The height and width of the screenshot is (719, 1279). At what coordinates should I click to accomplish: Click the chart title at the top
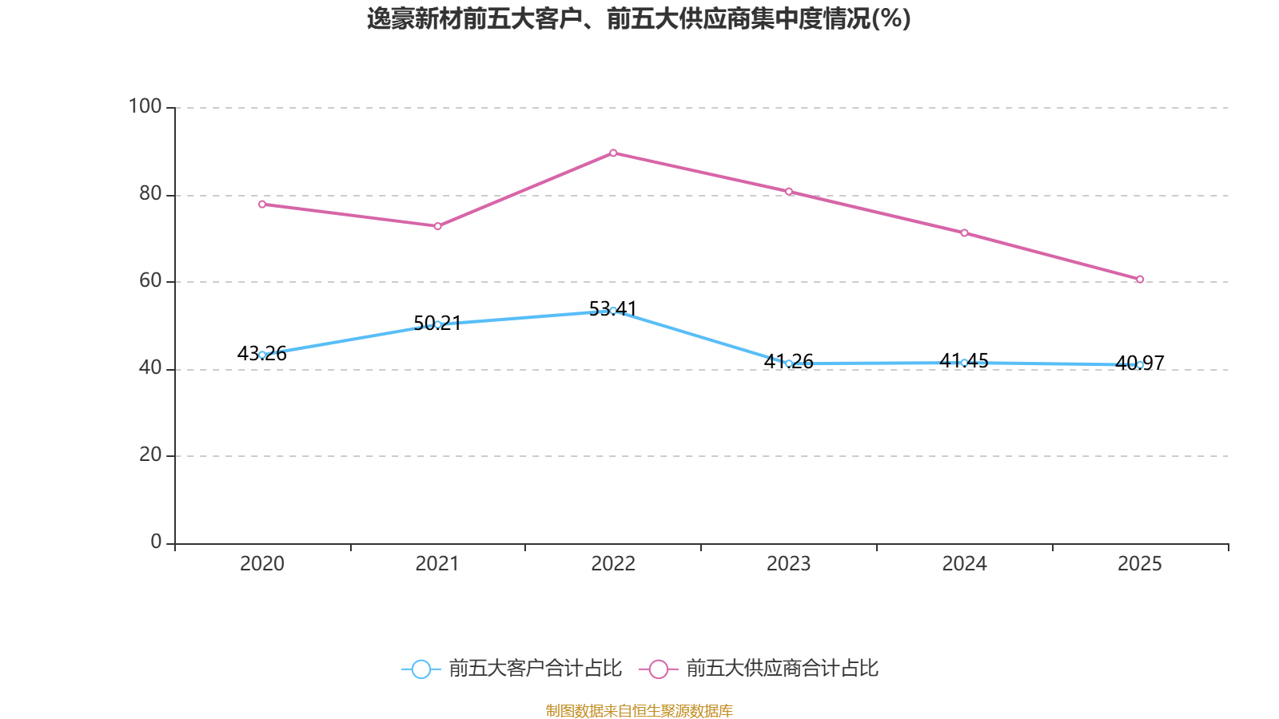tap(639, 19)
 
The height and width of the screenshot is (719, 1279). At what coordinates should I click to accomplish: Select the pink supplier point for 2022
tap(613, 153)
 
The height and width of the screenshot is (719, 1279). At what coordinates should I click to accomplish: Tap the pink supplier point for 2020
tap(262, 205)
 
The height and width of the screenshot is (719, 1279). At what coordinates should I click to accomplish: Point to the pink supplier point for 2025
tap(1140, 280)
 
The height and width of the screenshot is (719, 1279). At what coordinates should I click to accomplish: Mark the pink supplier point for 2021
tap(438, 227)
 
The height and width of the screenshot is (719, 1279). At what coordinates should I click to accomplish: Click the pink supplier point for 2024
tap(964, 232)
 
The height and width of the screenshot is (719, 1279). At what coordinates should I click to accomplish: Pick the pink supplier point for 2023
tap(789, 192)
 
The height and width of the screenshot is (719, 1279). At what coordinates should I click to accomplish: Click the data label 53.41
tap(612, 308)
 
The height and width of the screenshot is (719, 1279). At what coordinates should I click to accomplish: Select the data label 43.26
tap(262, 354)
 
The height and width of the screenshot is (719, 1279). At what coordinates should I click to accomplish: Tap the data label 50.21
tap(437, 324)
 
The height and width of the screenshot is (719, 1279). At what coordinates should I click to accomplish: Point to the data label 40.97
tap(1140, 363)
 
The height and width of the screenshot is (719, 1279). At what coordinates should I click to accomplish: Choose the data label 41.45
tap(964, 360)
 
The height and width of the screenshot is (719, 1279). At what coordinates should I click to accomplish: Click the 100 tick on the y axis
tap(145, 106)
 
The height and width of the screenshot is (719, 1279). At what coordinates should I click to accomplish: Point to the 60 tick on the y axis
tap(150, 280)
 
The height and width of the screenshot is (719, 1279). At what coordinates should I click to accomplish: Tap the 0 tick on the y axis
tap(156, 542)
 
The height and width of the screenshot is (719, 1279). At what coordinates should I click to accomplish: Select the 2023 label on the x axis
tap(788, 564)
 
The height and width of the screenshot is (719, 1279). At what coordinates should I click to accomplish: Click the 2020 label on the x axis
tap(262, 564)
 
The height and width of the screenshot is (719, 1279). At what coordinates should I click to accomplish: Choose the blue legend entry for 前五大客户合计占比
tap(512, 668)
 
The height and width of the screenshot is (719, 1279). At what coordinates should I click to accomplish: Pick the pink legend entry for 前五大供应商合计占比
tap(759, 668)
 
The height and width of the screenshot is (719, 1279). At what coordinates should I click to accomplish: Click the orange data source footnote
tap(639, 710)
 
